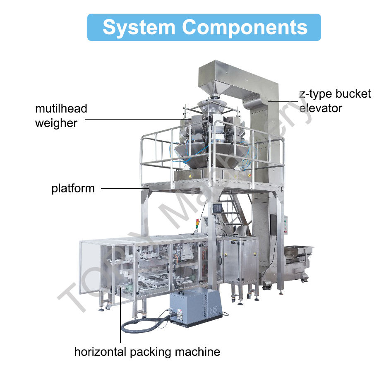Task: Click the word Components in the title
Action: [245, 27]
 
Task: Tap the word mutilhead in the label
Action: [61, 109]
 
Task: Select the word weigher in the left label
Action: [56, 123]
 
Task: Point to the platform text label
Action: [73, 189]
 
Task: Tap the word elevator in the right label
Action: [321, 108]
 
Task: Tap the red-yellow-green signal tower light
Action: [197, 224]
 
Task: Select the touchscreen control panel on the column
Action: [217, 208]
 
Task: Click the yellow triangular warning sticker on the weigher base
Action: [190, 176]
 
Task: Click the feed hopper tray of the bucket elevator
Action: [298, 251]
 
